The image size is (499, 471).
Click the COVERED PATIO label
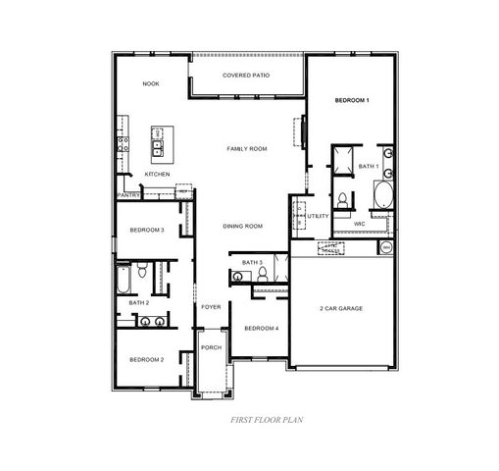click(x=246, y=76)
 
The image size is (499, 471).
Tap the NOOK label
click(x=150, y=83)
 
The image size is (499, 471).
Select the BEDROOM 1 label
click(x=351, y=100)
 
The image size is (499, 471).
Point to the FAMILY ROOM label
click(x=247, y=148)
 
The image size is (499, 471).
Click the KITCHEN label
click(x=158, y=174)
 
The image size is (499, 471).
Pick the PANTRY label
click(x=128, y=194)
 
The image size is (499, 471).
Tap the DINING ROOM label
click(x=243, y=227)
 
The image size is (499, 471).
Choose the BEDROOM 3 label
click(x=147, y=231)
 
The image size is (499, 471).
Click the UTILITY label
click(x=319, y=216)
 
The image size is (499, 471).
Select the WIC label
click(x=359, y=224)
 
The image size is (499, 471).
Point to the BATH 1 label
click(x=368, y=167)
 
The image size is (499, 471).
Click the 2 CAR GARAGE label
click(x=341, y=308)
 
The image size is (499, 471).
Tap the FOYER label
click(x=211, y=307)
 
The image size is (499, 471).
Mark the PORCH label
click(x=211, y=347)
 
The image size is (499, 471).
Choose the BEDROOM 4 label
click(x=262, y=328)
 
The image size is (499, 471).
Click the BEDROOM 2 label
click(x=147, y=359)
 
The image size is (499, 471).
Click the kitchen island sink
click(x=157, y=148)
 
